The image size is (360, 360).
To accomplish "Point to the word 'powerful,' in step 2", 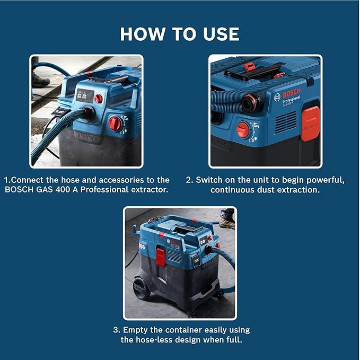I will coord(322,180).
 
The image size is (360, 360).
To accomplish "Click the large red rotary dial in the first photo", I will coord(115,124).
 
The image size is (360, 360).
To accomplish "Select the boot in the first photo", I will coord(39,80).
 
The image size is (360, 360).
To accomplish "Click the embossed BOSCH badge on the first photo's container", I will coord(88,137).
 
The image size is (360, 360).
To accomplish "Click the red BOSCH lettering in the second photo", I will coord(295,87).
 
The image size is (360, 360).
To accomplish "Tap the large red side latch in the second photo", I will coord(310,123).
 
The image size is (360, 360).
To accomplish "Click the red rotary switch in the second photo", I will coord(243,129).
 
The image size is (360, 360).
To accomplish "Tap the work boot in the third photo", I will coord(227,217).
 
